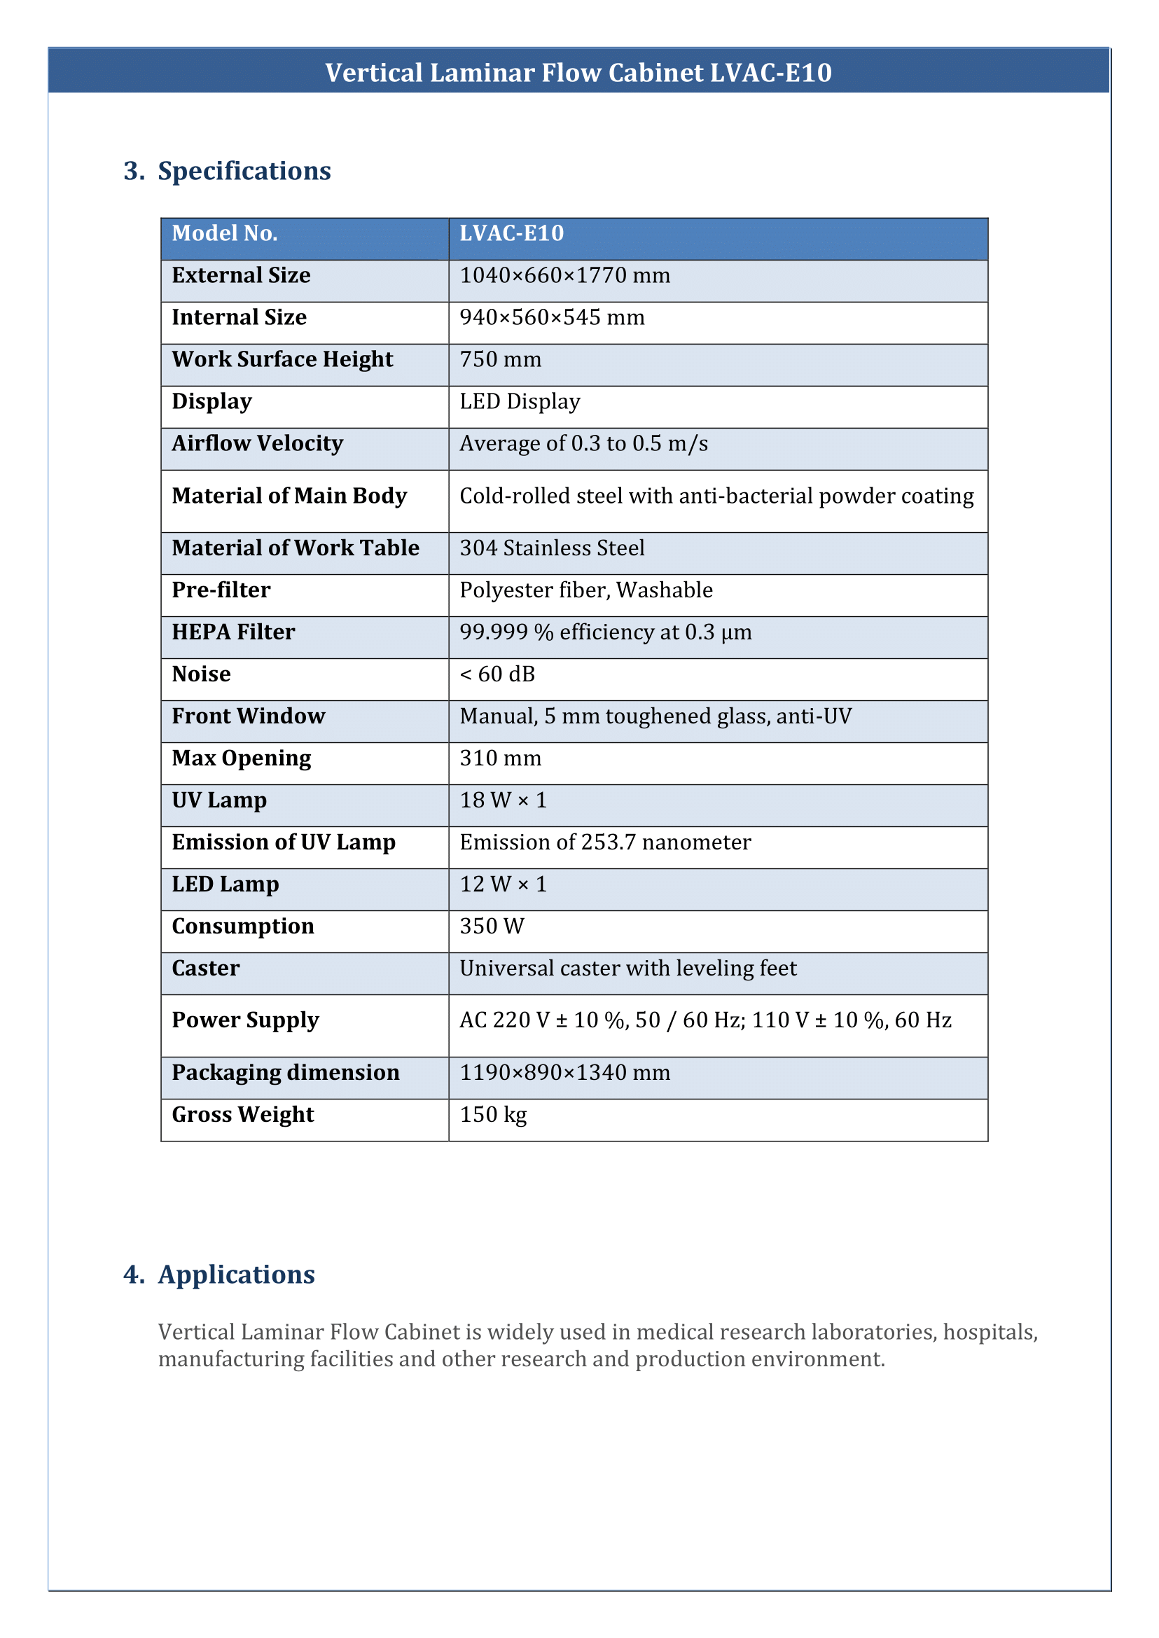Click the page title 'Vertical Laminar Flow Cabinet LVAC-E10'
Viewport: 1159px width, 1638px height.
click(x=578, y=73)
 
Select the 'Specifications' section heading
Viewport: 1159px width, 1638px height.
click(x=244, y=172)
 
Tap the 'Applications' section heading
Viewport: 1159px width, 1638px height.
click(x=236, y=1274)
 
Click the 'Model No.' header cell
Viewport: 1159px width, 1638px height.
click(x=225, y=233)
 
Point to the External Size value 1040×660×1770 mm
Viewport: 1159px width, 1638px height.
click(x=564, y=275)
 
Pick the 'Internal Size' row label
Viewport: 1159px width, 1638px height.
click(x=239, y=318)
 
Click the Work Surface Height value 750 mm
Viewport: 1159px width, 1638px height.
click(x=500, y=360)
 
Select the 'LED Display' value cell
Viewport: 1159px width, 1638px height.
click(x=520, y=402)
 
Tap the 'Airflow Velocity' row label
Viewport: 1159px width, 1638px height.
click(x=257, y=444)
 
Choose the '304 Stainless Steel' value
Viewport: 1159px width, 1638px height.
click(x=552, y=548)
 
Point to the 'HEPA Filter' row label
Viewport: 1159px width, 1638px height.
click(x=233, y=632)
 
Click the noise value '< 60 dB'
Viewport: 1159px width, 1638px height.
click(x=497, y=674)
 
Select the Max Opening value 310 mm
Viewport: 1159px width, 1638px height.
click(x=500, y=758)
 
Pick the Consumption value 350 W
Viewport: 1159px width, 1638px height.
click(x=492, y=926)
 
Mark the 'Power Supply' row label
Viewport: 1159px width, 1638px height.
click(x=246, y=1020)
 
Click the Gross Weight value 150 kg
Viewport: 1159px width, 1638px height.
click(x=493, y=1115)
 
